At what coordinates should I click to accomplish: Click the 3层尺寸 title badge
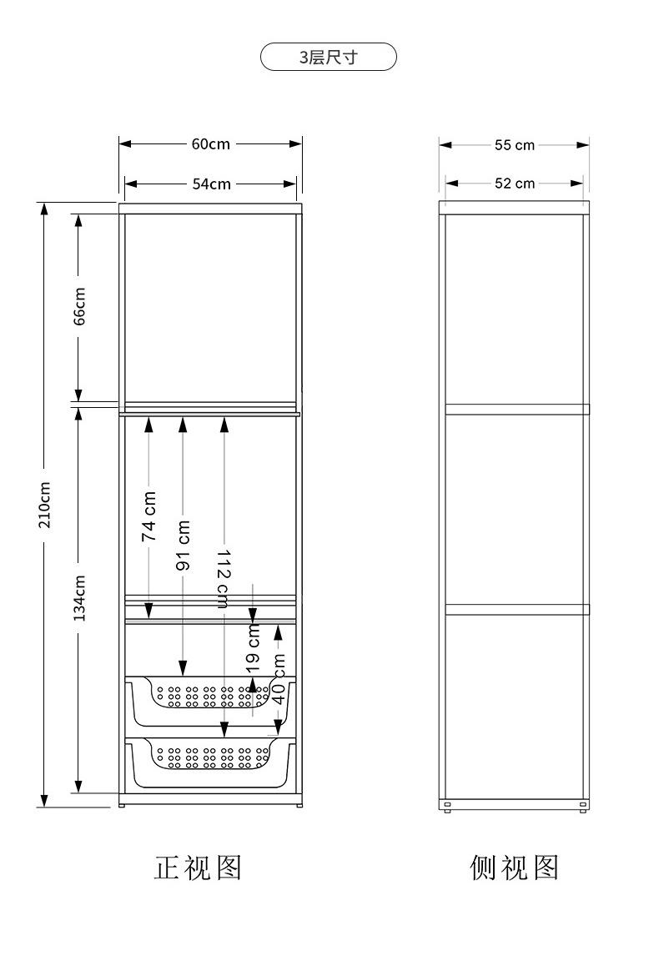329,58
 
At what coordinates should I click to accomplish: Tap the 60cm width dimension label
211,144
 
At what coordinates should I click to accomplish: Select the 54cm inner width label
211,184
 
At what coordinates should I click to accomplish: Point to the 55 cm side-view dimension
514,145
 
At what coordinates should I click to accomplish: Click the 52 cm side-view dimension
514,184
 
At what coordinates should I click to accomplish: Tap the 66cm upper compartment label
79,306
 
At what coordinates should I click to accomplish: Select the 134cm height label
79,597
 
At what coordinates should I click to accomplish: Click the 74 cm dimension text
149,516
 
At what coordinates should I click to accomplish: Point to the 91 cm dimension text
183,546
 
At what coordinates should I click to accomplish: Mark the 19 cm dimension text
253,647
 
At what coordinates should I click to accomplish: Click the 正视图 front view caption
199,868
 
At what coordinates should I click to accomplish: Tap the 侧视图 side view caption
514,868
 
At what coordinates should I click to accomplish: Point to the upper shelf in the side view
517,409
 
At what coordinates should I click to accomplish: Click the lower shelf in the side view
517,609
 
